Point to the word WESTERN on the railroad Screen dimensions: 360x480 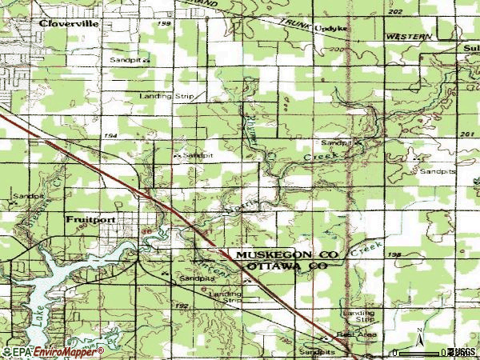408,38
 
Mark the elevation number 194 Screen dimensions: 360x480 110,136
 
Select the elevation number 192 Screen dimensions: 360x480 182,306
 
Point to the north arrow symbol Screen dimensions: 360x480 418,334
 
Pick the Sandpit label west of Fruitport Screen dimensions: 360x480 28,196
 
